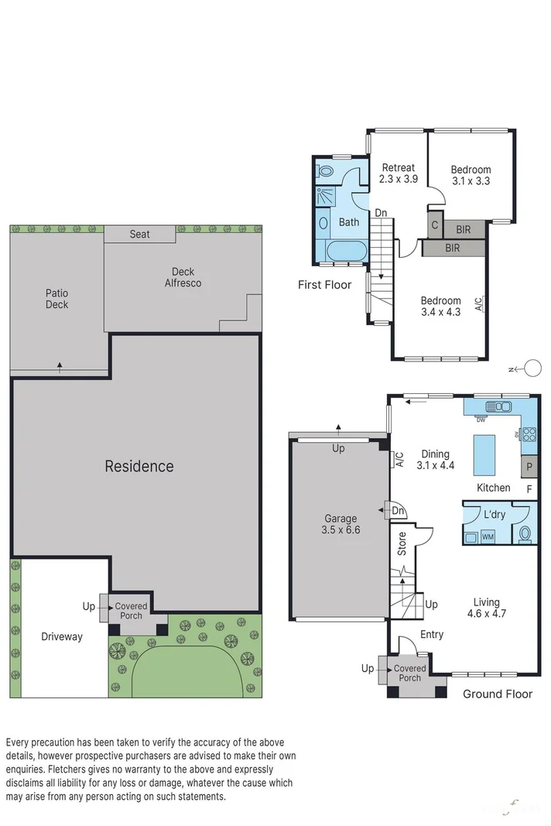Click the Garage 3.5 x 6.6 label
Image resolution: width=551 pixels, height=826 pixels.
pyautogui.click(x=341, y=524)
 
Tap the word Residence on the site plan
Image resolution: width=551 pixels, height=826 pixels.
pyautogui.click(x=139, y=466)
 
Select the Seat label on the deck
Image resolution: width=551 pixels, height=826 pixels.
pyautogui.click(x=139, y=234)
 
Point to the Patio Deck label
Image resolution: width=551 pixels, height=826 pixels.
pyautogui.click(x=56, y=299)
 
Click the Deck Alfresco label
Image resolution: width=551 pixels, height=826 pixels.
pyautogui.click(x=183, y=277)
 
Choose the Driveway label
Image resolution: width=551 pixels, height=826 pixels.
pyautogui.click(x=61, y=636)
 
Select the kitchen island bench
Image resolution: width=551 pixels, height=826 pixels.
pyautogui.click(x=484, y=454)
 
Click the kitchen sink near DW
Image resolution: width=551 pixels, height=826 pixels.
pyautogui.click(x=494, y=406)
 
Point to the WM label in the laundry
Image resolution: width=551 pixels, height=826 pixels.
pyautogui.click(x=488, y=536)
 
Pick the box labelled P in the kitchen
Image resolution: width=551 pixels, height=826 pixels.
pyautogui.click(x=530, y=467)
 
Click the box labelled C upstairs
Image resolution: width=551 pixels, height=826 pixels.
pyautogui.click(x=435, y=226)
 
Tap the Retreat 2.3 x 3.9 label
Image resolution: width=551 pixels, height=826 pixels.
pyautogui.click(x=399, y=173)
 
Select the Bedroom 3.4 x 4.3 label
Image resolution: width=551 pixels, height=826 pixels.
pyautogui.click(x=440, y=307)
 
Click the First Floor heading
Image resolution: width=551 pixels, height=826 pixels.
pyautogui.click(x=325, y=285)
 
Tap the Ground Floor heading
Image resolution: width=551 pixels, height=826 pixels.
pyautogui.click(x=497, y=694)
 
